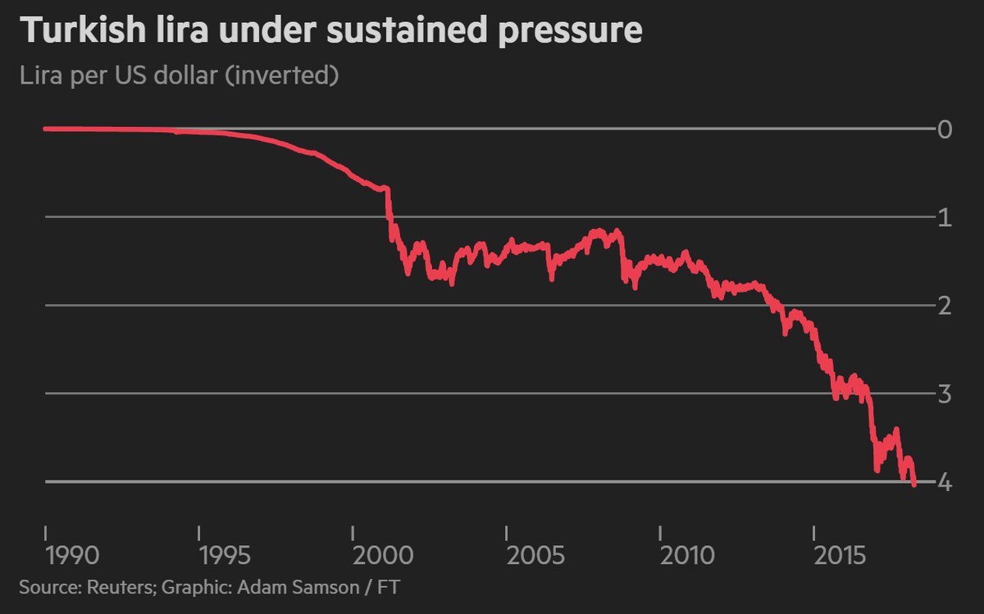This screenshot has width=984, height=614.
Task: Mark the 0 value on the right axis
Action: (945, 130)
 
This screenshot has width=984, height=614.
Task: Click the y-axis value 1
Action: (945, 218)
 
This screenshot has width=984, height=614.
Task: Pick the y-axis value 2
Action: (945, 306)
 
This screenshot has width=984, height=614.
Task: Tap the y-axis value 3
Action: (945, 393)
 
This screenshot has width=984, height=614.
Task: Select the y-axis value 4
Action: (945, 483)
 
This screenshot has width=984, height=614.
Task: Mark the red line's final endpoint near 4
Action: (913, 485)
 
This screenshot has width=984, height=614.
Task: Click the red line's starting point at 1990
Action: (45, 129)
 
